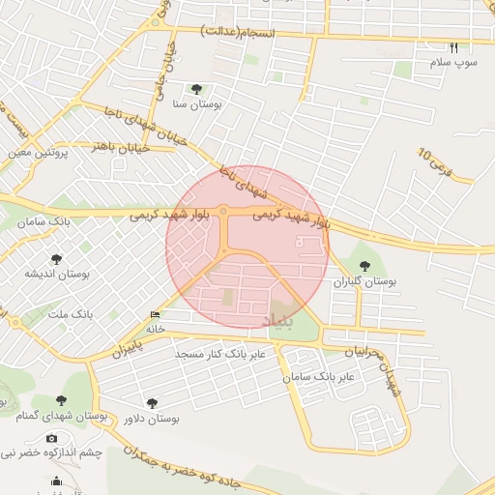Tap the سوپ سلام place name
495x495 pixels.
point(454,63)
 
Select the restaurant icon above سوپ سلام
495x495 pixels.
point(454,46)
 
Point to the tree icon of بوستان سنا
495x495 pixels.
point(198,89)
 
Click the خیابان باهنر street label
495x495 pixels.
point(117,146)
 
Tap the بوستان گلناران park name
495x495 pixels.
point(366,281)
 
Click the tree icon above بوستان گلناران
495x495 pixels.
point(365,265)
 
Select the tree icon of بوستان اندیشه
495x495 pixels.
point(58,258)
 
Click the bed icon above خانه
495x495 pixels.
point(156,314)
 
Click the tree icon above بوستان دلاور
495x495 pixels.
point(152,402)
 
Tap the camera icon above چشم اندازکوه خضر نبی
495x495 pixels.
point(51,438)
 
